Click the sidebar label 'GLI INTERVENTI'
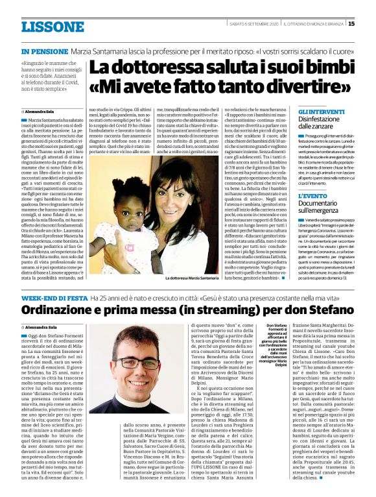(318, 113)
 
